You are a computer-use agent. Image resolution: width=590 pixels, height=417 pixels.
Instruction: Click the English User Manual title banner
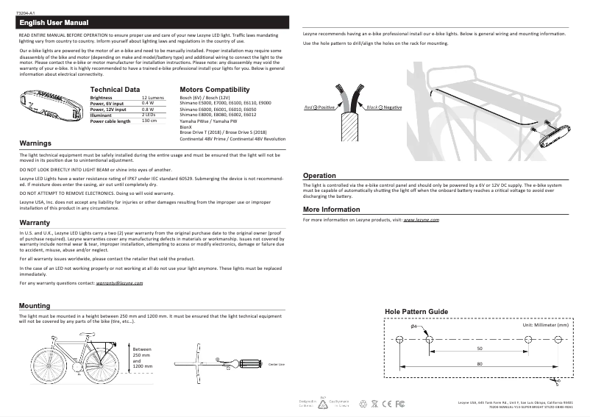point(54,23)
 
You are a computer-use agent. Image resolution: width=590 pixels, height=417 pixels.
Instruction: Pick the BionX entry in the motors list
point(186,126)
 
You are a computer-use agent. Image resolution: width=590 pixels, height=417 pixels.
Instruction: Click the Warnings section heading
point(35,143)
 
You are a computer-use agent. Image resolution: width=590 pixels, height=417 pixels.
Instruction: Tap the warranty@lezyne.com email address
point(114,283)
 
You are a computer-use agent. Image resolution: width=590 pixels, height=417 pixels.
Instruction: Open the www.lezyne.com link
point(422,220)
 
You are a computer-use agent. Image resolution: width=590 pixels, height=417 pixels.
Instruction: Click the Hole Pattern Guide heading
point(416,312)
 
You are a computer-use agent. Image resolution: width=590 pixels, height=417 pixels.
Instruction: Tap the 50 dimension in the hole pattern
point(480,349)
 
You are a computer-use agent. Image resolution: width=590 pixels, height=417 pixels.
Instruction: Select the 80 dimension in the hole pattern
point(480,363)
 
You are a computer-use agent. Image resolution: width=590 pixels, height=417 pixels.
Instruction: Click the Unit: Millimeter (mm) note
point(545,324)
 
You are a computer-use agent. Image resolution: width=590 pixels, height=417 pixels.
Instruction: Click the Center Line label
point(277,364)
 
